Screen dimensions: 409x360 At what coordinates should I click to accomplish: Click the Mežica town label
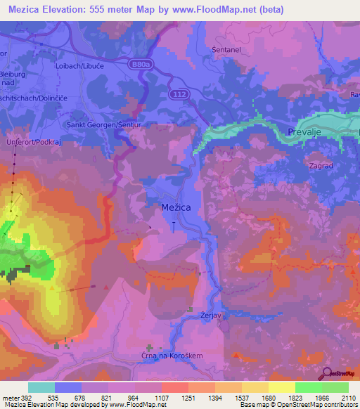pyautogui.click(x=173, y=209)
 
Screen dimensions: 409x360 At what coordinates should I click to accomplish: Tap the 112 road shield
pyautogui.click(x=178, y=93)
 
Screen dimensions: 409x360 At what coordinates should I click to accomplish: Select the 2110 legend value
pyautogui.click(x=348, y=398)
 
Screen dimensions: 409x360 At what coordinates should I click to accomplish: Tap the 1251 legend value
pyautogui.click(x=188, y=398)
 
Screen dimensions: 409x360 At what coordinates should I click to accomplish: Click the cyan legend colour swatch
pyautogui.click(x=41, y=387)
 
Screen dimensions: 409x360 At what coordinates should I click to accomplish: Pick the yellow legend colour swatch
pyautogui.click(x=281, y=387)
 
